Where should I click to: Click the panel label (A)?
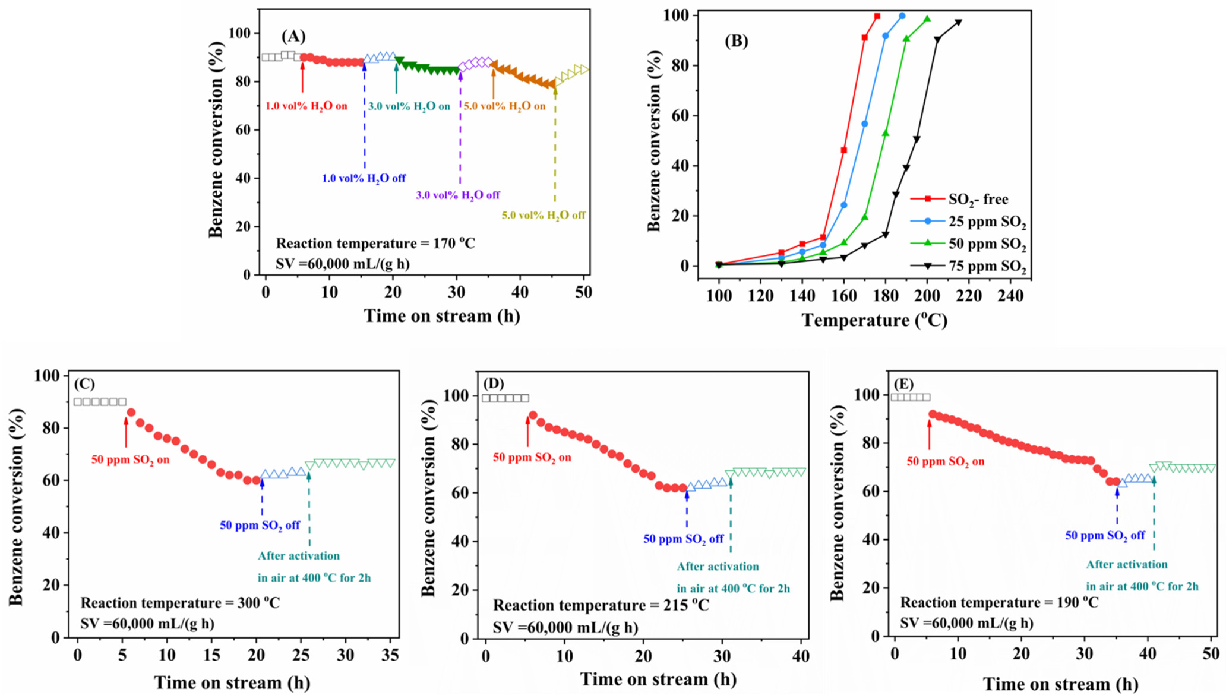point(293,37)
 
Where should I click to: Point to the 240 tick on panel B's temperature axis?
point(1011,296)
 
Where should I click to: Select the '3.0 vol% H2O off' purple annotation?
point(458,195)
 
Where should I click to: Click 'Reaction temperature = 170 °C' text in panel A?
point(375,244)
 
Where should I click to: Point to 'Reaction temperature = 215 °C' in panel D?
point(601,605)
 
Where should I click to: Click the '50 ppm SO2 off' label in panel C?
point(260,525)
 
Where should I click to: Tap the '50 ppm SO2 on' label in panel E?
point(945,462)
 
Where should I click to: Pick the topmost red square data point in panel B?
point(877,16)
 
